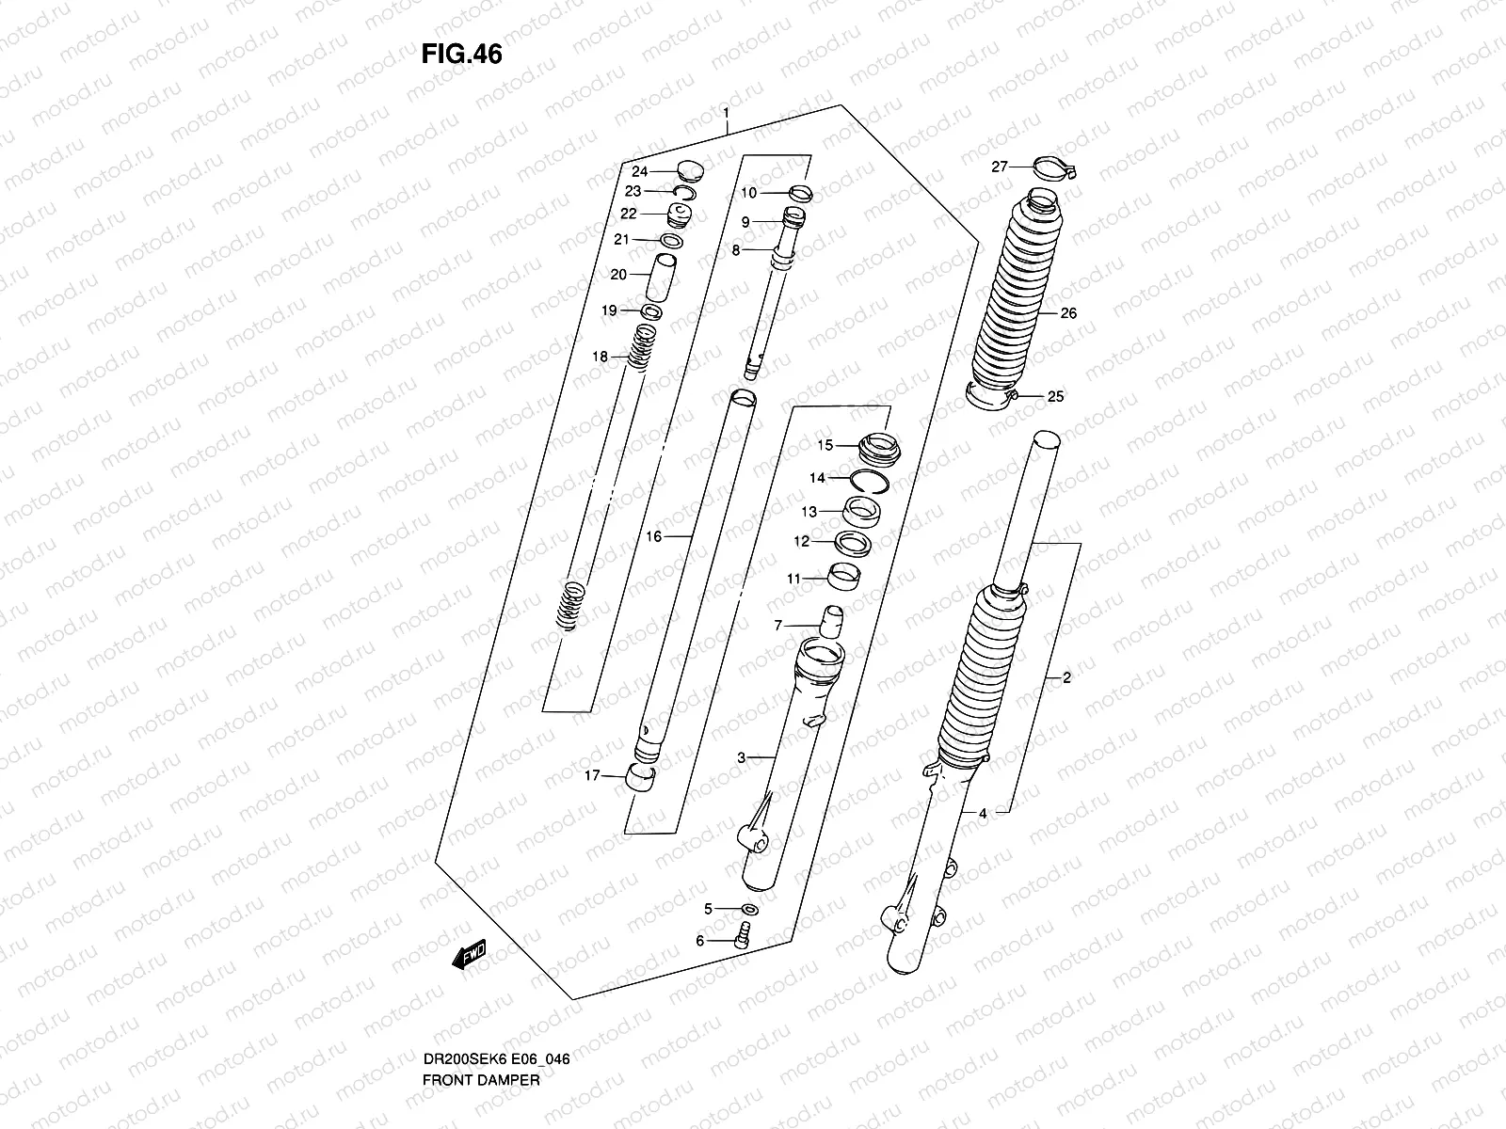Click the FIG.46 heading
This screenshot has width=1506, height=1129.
coord(461,55)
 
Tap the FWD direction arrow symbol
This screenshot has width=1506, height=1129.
coord(468,955)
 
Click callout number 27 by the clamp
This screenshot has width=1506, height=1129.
coord(999,167)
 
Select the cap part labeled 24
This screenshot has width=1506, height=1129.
coord(691,171)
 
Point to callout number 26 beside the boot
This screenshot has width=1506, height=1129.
coord(1068,313)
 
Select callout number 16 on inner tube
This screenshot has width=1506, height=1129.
coord(654,536)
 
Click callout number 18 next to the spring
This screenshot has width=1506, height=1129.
coord(600,357)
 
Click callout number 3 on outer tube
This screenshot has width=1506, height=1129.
coord(741,757)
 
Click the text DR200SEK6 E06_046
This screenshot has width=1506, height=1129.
coord(495,1007)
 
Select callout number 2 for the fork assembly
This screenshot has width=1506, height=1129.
coord(1066,677)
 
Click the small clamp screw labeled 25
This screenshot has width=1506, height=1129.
coord(1015,396)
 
